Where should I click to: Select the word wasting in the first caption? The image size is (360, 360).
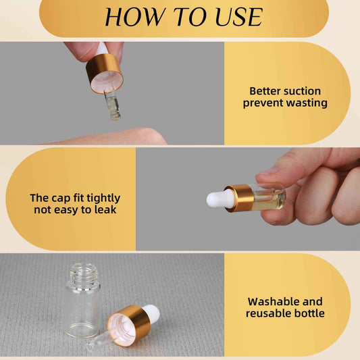pos(307,103)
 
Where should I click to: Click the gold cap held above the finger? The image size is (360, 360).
pos(105,73)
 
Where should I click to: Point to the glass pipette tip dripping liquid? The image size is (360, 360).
pos(113,107)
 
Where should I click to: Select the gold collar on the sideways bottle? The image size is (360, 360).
pos(240,198)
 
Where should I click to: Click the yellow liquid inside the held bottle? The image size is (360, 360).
pos(269,201)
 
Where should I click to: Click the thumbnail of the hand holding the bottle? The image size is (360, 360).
pos(267,172)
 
